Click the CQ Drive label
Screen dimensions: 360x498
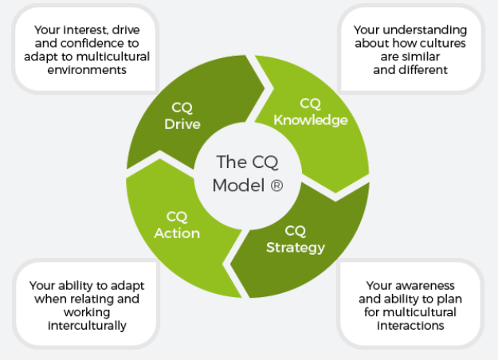182,116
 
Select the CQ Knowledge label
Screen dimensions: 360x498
311,112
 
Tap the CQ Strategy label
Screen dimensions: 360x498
295,239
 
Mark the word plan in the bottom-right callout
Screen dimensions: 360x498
453,299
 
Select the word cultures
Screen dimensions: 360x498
443,43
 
